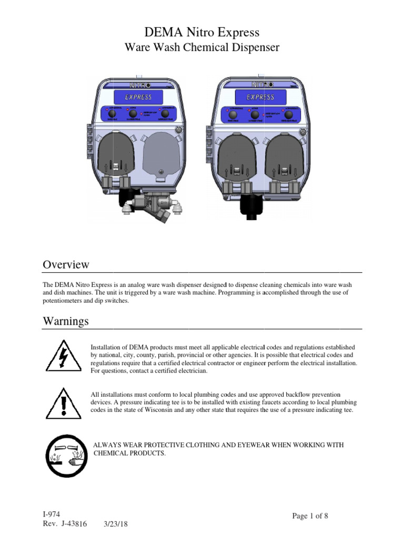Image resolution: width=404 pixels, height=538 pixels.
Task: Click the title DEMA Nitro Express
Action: pyautogui.click(x=202, y=33)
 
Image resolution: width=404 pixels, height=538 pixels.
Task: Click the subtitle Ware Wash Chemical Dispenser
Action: pyautogui.click(x=202, y=48)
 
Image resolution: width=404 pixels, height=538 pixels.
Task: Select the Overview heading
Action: pyautogui.click(x=66, y=264)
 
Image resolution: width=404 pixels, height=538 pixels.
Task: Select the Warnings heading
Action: pyautogui.click(x=65, y=321)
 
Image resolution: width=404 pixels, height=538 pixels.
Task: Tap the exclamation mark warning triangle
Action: pyautogui.click(x=64, y=405)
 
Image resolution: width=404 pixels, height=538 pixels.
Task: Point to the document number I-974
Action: pyautogui.click(x=50, y=514)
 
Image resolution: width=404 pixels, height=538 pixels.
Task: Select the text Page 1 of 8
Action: pyautogui.click(x=310, y=516)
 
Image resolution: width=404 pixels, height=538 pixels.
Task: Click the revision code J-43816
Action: pyautogui.click(x=73, y=524)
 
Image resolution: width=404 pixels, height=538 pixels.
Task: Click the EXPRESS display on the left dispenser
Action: pyautogui.click(x=138, y=97)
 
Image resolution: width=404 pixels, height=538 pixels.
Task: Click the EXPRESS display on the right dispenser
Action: pyautogui.click(x=260, y=97)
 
